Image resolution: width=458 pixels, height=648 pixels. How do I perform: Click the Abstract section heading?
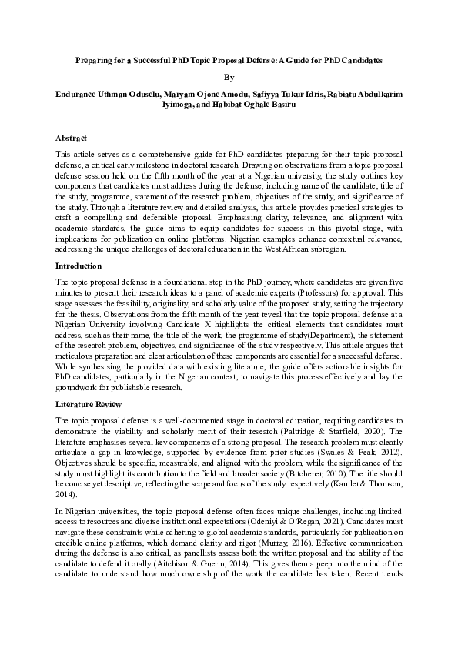click(x=71, y=139)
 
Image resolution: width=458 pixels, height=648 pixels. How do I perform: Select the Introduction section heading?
click(x=79, y=266)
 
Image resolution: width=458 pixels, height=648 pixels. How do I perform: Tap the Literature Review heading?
click(x=87, y=403)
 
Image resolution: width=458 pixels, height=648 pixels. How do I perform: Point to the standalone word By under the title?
click(x=228, y=77)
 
